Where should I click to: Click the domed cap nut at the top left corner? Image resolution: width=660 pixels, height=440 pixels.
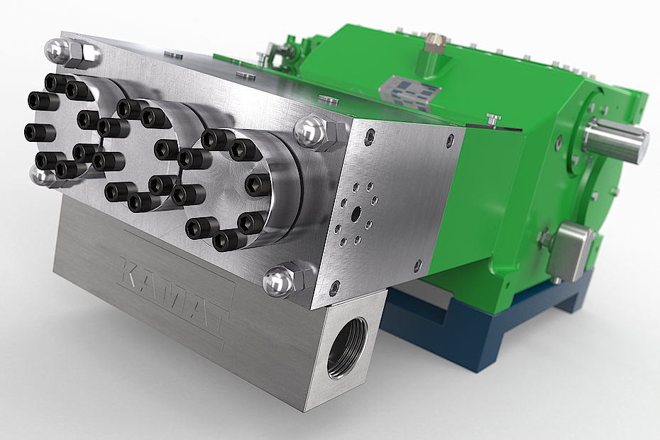[57, 50]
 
